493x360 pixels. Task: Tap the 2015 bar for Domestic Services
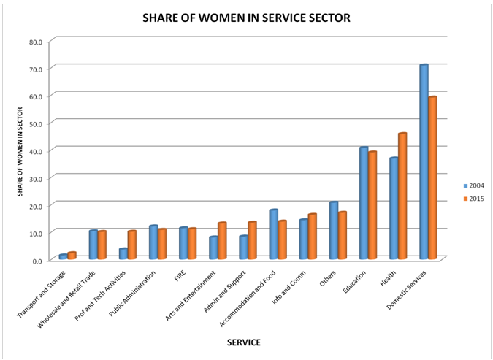click(x=432, y=178)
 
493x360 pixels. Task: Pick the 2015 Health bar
click(x=402, y=196)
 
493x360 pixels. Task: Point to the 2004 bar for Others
click(x=334, y=230)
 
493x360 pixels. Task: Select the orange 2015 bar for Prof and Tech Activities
click(x=131, y=245)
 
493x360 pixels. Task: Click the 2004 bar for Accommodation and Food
click(x=273, y=234)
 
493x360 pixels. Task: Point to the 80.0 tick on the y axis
click(x=36, y=42)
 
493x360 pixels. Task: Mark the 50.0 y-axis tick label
click(x=36, y=123)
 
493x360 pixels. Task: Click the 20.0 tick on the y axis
click(x=36, y=205)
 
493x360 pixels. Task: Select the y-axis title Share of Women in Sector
click(x=20, y=150)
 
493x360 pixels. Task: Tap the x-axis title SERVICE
click(x=243, y=342)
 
